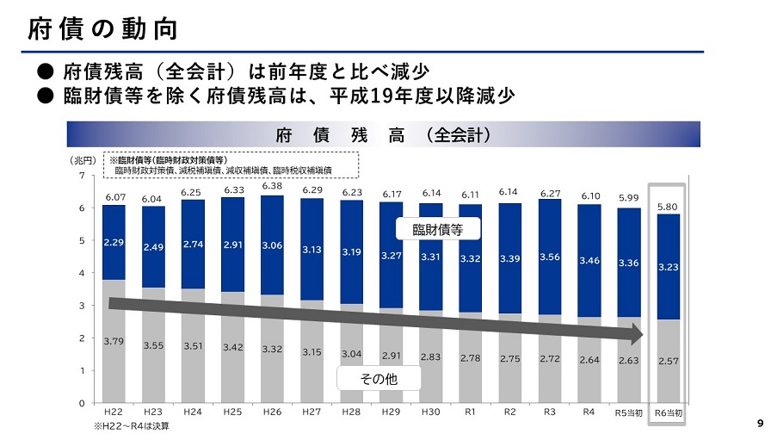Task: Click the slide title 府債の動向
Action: coord(102,28)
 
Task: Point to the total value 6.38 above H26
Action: coord(272,187)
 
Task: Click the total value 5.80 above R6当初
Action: coord(668,208)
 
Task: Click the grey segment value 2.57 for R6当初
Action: coord(668,361)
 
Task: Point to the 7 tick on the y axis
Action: coord(82,176)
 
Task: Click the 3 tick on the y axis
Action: coord(82,306)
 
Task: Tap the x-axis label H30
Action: coord(430,412)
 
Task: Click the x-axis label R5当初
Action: coord(628,413)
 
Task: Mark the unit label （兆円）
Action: coord(83,160)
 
